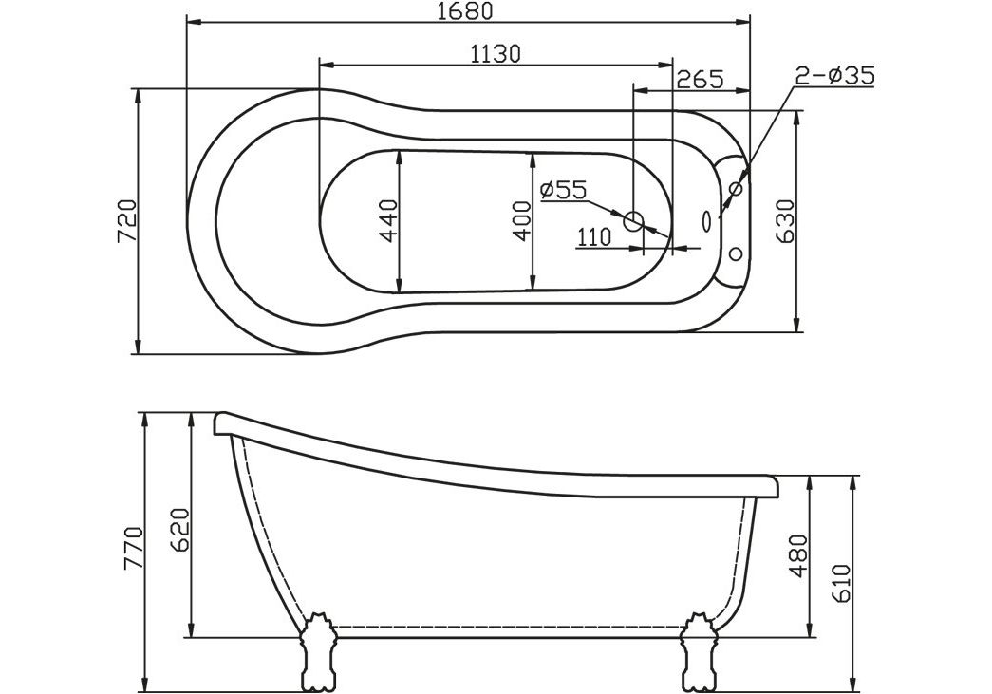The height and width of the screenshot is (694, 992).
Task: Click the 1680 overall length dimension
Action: [x=466, y=11]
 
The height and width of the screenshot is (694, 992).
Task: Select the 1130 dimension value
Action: [x=496, y=54]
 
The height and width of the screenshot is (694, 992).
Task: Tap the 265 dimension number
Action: [x=699, y=79]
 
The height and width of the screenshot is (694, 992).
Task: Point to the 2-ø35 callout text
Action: [x=834, y=76]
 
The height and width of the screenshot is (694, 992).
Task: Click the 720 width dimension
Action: [x=125, y=222]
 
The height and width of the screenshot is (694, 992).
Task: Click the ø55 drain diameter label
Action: [x=563, y=190]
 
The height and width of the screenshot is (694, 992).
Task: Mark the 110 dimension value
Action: [x=593, y=237]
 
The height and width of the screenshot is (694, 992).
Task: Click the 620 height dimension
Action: [x=182, y=529]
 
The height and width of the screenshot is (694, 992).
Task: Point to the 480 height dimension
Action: [x=798, y=555]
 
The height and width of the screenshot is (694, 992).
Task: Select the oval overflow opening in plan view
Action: [x=706, y=220]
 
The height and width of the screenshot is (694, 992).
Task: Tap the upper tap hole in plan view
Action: [x=736, y=189]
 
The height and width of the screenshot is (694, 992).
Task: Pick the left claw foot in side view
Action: [x=317, y=653]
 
